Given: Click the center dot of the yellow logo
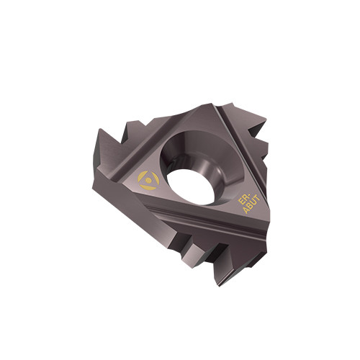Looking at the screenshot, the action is pyautogui.click(x=149, y=180).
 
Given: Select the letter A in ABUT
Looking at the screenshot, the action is pyautogui.click(x=246, y=210).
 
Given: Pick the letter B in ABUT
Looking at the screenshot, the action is pyautogui.click(x=250, y=206).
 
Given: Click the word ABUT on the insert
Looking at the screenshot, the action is pyautogui.click(x=251, y=204).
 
